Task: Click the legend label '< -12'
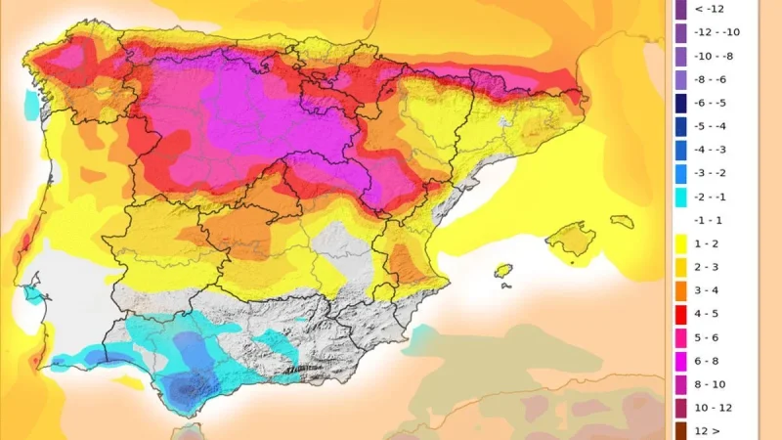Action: click(x=708, y=10)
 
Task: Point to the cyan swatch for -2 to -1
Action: click(x=680, y=198)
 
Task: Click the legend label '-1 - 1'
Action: click(x=709, y=220)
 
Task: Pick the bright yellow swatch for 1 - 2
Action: click(x=680, y=244)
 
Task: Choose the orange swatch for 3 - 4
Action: click(x=680, y=291)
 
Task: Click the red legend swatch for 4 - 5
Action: click(x=680, y=314)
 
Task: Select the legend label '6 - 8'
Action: click(x=708, y=361)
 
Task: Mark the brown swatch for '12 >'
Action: click(x=680, y=431)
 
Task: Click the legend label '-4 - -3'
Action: click(x=712, y=151)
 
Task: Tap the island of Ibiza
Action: click(x=503, y=271)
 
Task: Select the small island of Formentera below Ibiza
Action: click(x=505, y=286)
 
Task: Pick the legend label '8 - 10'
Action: click(x=710, y=384)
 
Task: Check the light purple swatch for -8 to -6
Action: click(x=680, y=80)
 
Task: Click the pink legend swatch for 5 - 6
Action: click(x=680, y=337)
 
